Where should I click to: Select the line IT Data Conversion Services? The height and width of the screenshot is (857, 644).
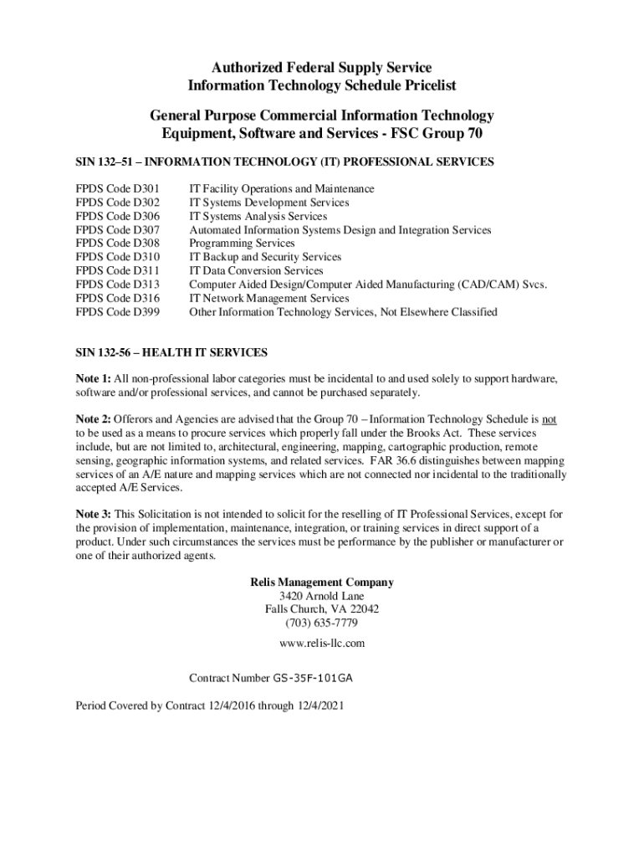(x=256, y=271)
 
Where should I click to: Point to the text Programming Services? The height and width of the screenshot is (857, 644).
(x=242, y=244)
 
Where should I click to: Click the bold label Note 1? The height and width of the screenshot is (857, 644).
(x=93, y=379)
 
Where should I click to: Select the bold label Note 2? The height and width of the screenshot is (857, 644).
(x=93, y=420)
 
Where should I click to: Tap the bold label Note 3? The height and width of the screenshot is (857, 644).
(x=93, y=515)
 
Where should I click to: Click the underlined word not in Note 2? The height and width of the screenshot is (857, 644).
(x=549, y=420)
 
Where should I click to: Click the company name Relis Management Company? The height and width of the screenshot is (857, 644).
(x=322, y=582)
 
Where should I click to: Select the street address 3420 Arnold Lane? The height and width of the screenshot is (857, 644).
(x=322, y=597)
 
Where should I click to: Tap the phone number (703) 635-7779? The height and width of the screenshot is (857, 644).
(x=322, y=624)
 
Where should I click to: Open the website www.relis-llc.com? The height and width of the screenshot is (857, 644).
(x=322, y=644)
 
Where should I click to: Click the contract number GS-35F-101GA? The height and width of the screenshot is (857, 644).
(x=319, y=678)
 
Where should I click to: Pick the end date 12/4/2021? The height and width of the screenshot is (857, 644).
(x=319, y=706)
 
